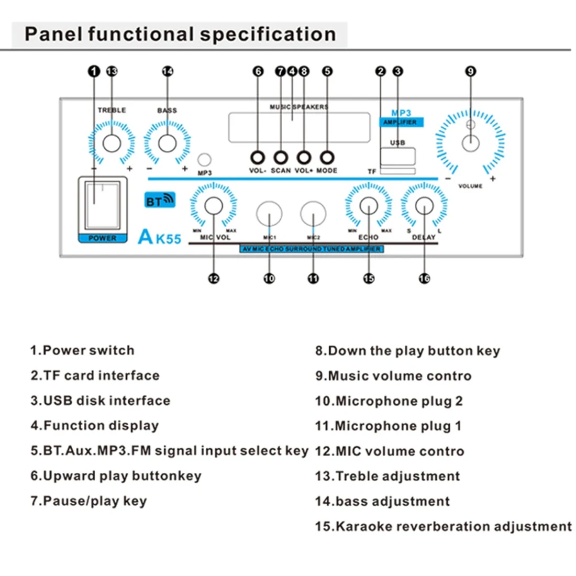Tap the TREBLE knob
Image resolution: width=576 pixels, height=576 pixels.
(x=112, y=143)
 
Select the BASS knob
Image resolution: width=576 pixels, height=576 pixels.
(x=167, y=143)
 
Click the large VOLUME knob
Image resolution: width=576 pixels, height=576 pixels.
(x=471, y=143)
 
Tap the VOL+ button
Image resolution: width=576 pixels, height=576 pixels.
(x=304, y=157)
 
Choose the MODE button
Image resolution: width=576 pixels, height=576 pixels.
(x=327, y=157)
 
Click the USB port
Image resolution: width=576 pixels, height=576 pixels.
(x=398, y=156)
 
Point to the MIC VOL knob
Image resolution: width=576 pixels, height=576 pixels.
(x=214, y=206)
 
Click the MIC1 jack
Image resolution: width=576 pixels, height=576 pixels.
(x=269, y=214)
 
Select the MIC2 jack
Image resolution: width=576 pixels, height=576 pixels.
(x=313, y=214)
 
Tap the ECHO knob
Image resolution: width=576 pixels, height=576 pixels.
(x=369, y=206)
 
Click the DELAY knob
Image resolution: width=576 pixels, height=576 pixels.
(x=424, y=206)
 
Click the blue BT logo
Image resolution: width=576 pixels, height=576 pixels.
(x=159, y=201)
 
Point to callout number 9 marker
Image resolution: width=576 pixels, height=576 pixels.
(x=471, y=71)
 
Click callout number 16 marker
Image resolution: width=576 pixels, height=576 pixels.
(x=424, y=279)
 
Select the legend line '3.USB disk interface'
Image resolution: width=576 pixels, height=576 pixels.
(x=101, y=401)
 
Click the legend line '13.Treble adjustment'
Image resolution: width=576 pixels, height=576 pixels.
(x=387, y=477)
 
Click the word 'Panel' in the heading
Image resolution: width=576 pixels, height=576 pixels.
(x=54, y=35)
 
